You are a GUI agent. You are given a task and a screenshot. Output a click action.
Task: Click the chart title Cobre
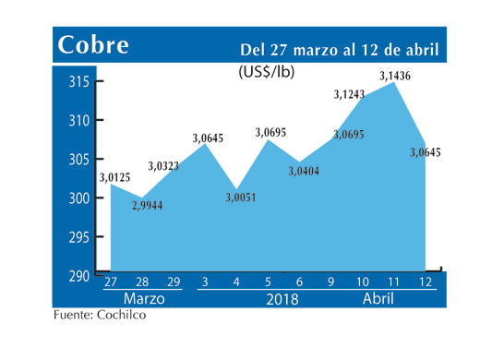[x=93, y=45]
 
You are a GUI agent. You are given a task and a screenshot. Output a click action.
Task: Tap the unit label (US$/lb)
[x=268, y=70]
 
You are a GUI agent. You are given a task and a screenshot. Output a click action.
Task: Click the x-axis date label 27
[x=111, y=282]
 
